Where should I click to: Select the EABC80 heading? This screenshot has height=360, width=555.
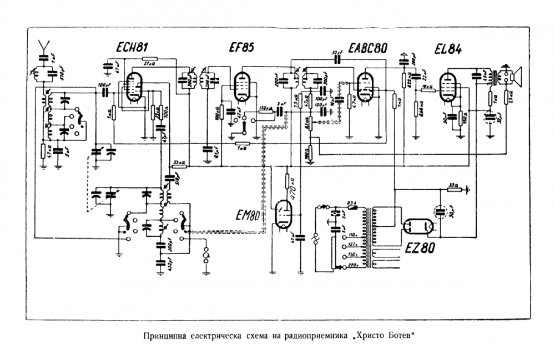point(368,48)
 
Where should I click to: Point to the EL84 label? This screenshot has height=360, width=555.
point(447,48)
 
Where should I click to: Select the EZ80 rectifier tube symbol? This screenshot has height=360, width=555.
point(417,225)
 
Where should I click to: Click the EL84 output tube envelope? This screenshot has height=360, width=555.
point(449,87)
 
